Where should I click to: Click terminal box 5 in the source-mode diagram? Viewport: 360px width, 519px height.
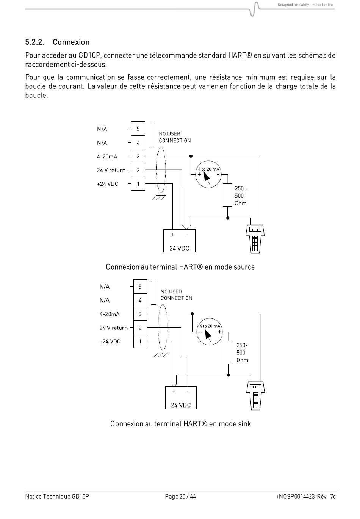138,129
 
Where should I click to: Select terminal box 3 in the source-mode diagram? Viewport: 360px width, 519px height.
138,156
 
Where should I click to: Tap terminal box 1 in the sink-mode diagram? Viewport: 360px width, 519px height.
140,341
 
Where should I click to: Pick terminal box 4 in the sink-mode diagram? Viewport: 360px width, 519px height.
140,300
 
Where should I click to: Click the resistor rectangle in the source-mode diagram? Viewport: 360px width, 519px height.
227,195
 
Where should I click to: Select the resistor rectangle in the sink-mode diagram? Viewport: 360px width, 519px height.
229,353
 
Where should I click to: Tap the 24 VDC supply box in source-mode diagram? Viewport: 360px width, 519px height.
179,241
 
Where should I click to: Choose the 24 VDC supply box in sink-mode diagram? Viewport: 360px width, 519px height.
181,398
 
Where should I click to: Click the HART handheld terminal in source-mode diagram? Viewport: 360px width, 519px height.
255,239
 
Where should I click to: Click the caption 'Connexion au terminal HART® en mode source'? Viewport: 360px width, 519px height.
180,267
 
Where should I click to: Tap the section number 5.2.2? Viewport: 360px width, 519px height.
35,42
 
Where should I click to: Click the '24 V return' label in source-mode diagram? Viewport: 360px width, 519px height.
111,170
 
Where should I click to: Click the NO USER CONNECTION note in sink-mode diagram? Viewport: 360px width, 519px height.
176,295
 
